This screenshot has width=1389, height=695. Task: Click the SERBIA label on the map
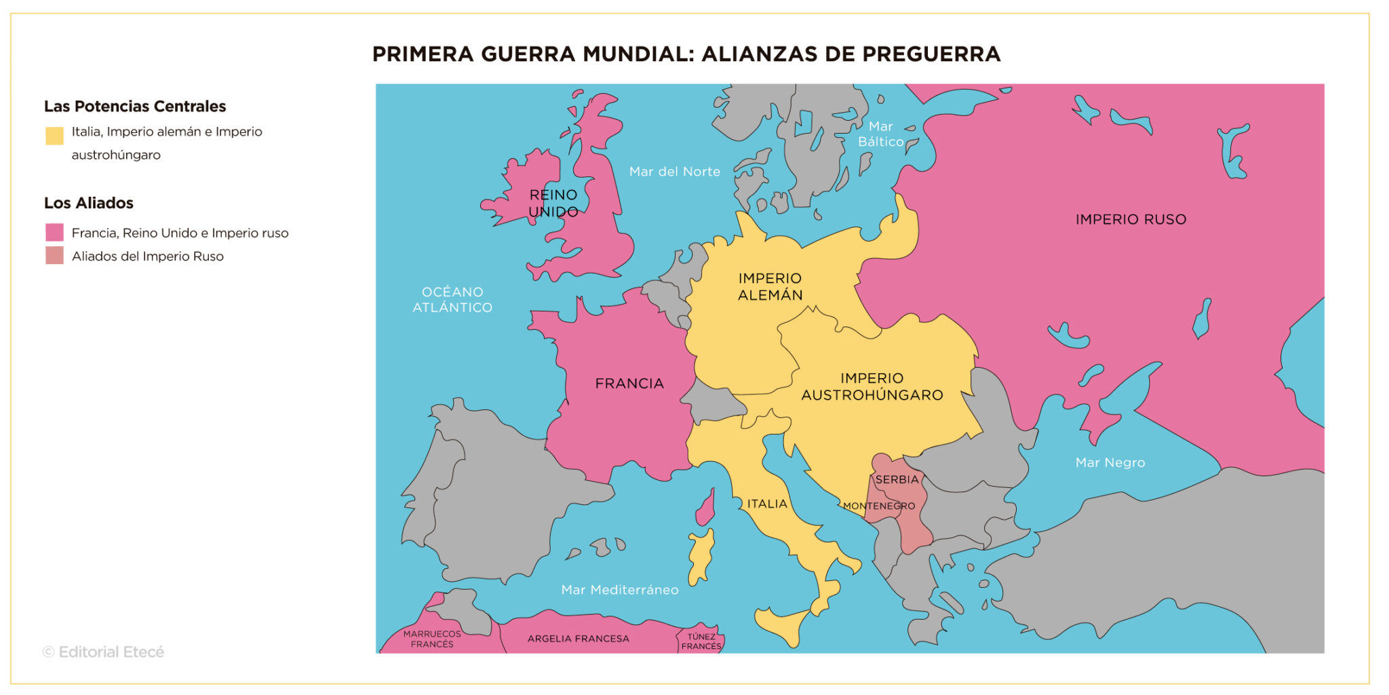(x=897, y=479)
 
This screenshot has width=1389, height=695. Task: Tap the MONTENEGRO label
(x=879, y=506)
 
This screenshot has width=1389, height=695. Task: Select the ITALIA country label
(x=767, y=504)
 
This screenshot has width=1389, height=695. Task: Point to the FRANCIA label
(x=629, y=383)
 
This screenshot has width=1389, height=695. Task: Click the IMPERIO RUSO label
(x=1131, y=219)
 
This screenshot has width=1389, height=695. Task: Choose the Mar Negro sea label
(x=1110, y=462)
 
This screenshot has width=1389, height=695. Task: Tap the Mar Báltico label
(x=880, y=134)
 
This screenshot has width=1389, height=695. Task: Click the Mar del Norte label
(x=674, y=172)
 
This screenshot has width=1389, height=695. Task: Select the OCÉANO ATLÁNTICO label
(x=452, y=299)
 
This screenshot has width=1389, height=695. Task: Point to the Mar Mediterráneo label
(x=619, y=590)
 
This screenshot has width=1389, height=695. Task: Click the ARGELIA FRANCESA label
(x=578, y=639)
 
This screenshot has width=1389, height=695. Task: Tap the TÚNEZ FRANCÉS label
(x=701, y=641)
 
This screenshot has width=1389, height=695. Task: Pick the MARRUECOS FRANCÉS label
(x=432, y=639)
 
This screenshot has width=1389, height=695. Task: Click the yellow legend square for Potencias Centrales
(x=54, y=136)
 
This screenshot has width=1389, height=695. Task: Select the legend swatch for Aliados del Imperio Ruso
(x=54, y=256)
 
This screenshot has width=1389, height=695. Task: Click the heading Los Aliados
(x=88, y=203)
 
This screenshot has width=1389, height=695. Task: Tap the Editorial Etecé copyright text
(x=103, y=652)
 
